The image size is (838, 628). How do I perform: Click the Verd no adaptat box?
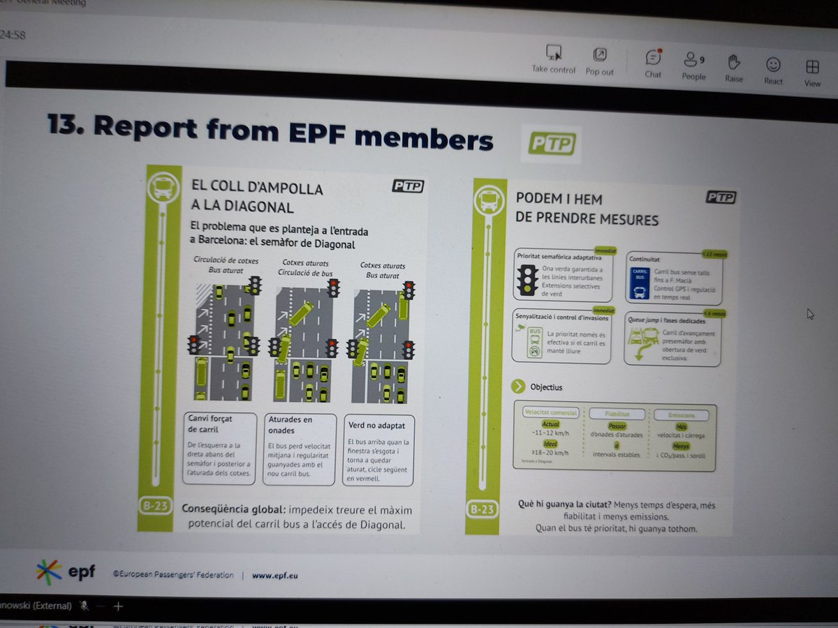tap(378, 450)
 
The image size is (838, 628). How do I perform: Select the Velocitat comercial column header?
tap(550, 412)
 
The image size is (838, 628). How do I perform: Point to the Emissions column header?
tap(682, 415)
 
